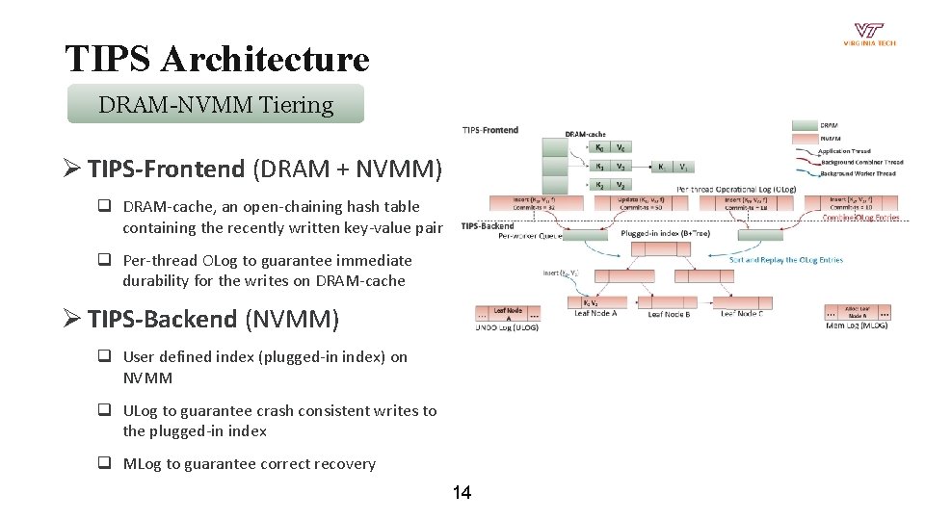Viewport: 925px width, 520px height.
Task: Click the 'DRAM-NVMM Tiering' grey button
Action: click(216, 104)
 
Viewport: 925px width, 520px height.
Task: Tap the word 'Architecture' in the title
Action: click(265, 60)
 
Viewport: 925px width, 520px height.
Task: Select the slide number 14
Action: click(462, 493)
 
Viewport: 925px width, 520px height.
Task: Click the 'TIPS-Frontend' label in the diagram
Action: click(489, 130)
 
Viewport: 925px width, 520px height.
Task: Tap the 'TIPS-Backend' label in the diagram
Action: click(488, 226)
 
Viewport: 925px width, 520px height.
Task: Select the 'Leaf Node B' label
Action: click(669, 314)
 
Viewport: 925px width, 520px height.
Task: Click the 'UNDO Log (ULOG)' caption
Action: click(507, 327)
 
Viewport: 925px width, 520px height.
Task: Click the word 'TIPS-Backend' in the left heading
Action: click(162, 319)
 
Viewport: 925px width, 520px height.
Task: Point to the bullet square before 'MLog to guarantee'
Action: click(102, 463)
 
